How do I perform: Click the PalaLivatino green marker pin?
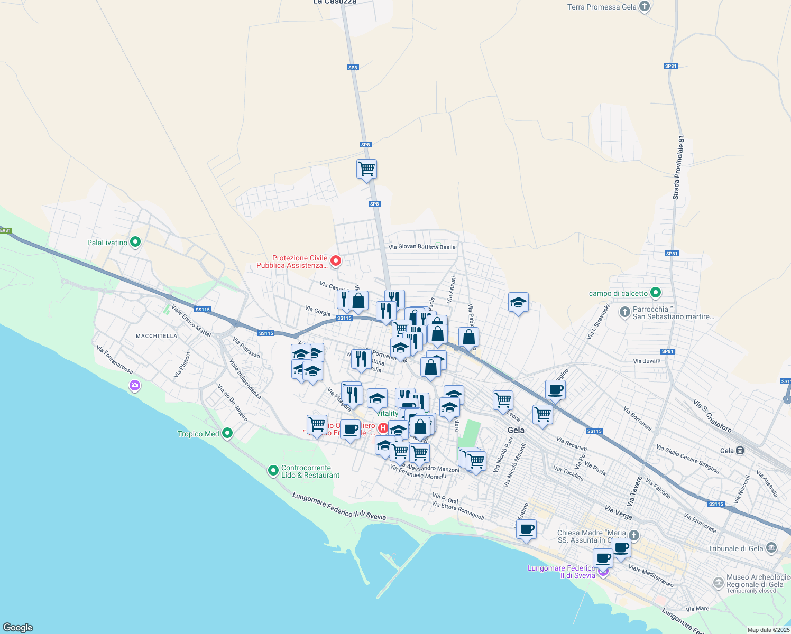pyautogui.click(x=135, y=243)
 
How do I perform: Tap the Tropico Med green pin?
pyautogui.click(x=227, y=434)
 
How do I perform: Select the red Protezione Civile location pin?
pyautogui.click(x=335, y=261)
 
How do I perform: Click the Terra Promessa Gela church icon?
pyautogui.click(x=644, y=7)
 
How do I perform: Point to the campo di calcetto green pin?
pyautogui.click(x=656, y=293)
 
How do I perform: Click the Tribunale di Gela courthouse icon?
pyautogui.click(x=771, y=548)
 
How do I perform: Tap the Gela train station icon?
pyautogui.click(x=740, y=451)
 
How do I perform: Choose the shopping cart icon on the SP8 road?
pyautogui.click(x=366, y=170)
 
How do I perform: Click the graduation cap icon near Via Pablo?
pyautogui.click(x=518, y=303)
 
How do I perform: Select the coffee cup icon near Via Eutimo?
pyautogui.click(x=526, y=529)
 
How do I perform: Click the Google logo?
pyautogui.click(x=17, y=628)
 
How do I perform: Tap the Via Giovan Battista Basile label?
pyautogui.click(x=421, y=247)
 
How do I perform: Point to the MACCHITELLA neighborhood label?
pyautogui.click(x=157, y=336)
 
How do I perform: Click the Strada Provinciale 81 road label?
pyautogui.click(x=678, y=167)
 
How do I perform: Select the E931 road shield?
pyautogui.click(x=5, y=230)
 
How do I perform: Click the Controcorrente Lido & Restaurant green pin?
pyautogui.click(x=273, y=470)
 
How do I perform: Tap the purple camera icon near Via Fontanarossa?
pyautogui.click(x=135, y=386)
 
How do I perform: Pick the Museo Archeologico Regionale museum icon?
pyautogui.click(x=718, y=583)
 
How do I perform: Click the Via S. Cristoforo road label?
pyautogui.click(x=712, y=416)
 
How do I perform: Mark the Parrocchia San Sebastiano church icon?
pyautogui.click(x=624, y=312)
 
